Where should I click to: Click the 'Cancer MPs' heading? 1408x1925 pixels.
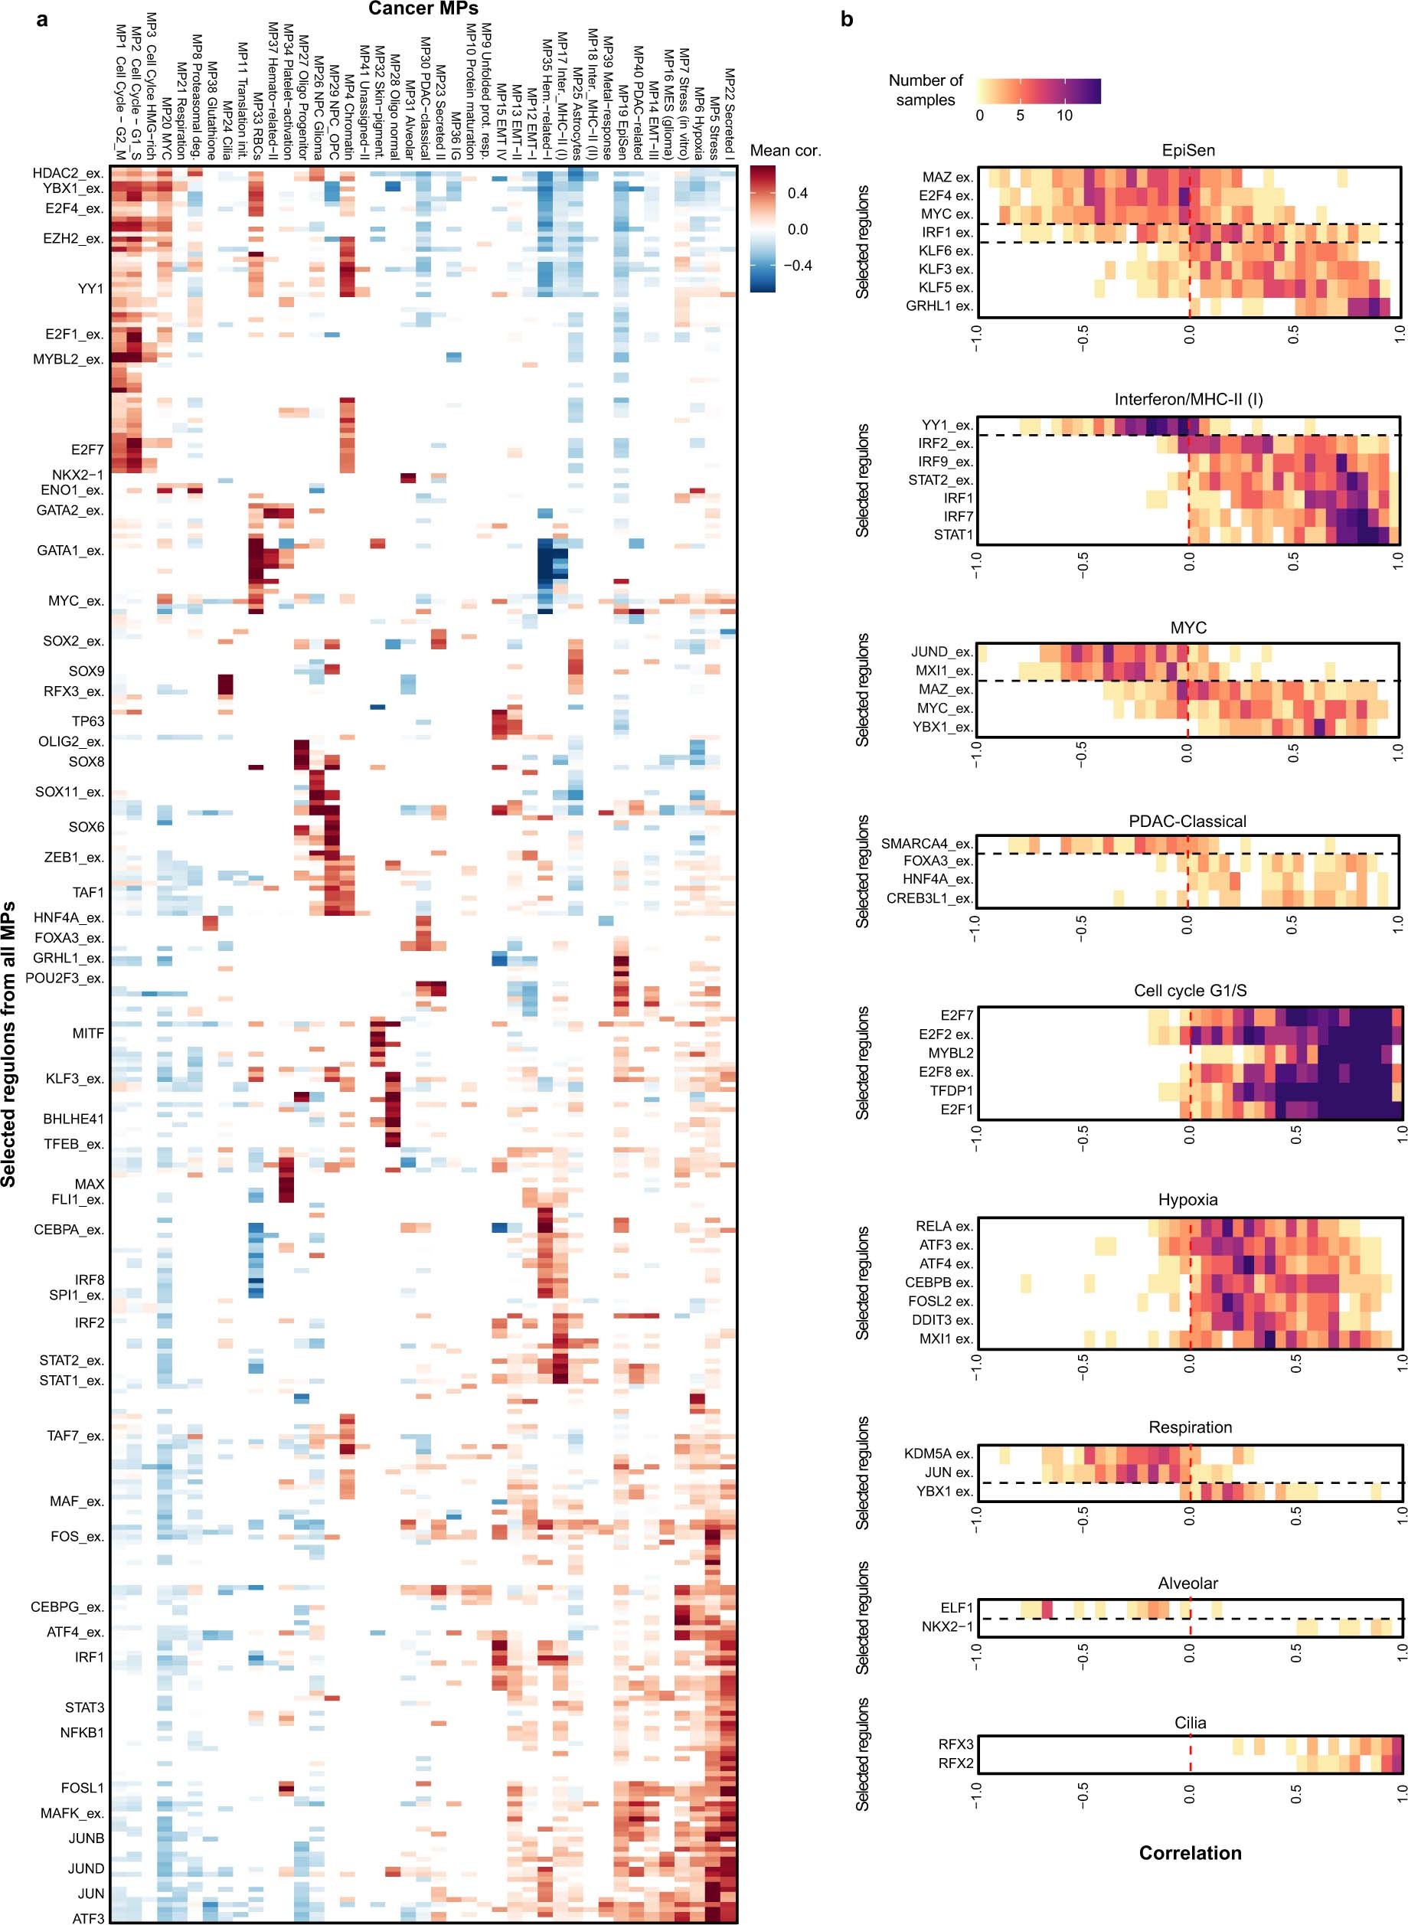pyautogui.click(x=423, y=9)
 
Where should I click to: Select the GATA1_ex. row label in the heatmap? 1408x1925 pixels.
pyautogui.click(x=70, y=551)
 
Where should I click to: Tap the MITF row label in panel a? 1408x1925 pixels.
pyautogui.click(x=88, y=1033)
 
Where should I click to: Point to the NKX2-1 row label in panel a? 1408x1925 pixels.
pyautogui.click(x=77, y=475)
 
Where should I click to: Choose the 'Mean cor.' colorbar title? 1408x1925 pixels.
pyautogui.click(x=785, y=151)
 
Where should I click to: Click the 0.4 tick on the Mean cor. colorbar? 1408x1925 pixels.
pyautogui.click(x=797, y=194)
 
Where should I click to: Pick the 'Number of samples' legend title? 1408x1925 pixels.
pyautogui.click(x=925, y=90)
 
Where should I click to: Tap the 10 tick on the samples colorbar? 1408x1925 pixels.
pyautogui.click(x=1064, y=115)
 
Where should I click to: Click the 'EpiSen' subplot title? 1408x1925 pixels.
pyautogui.click(x=1188, y=150)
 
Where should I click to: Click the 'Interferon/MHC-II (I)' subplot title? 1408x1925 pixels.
pyautogui.click(x=1188, y=399)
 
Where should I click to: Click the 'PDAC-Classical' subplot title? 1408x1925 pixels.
pyautogui.click(x=1187, y=822)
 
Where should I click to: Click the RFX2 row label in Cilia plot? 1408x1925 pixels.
pyautogui.click(x=956, y=1763)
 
